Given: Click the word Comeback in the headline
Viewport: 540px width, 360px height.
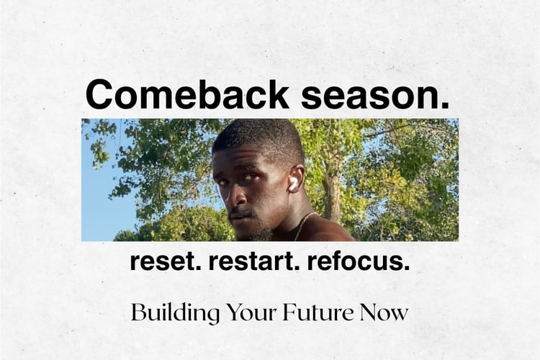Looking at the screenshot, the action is (187, 94).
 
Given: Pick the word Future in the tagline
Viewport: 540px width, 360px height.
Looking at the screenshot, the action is (318, 312).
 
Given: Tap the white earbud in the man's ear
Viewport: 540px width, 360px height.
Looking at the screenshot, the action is (293, 184).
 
